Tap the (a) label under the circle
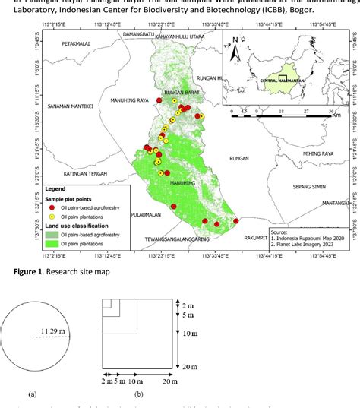click(x=32, y=394)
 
